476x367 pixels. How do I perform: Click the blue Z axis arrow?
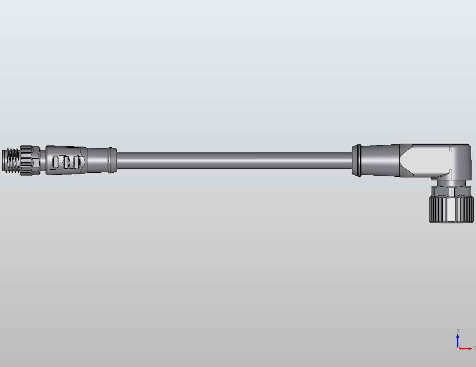point(458,340)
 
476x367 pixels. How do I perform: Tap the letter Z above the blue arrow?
point(458,331)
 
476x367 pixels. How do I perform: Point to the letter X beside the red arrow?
point(474,348)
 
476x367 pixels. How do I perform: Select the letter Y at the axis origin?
point(460,346)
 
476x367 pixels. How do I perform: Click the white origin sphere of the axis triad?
point(457,348)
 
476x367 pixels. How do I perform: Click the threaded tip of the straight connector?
point(11,161)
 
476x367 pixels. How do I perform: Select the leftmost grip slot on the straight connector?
point(55,162)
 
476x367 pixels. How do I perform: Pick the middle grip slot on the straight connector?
point(66,162)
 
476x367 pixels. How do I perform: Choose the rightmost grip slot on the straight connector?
point(76,162)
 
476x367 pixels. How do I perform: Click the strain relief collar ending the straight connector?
point(112,160)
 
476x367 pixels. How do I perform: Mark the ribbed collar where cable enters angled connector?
point(356,161)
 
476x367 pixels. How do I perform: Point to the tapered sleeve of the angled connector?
point(380,161)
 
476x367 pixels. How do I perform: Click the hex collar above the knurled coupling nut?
point(451,191)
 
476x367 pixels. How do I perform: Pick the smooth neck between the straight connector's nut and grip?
point(43,161)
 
